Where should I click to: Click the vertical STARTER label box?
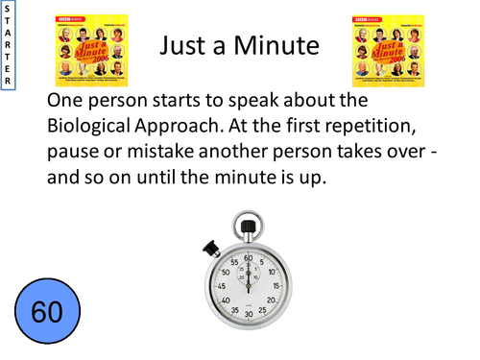coord(8,47)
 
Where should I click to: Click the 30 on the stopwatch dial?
coord(248,314)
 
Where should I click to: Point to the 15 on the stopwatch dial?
coord(276,285)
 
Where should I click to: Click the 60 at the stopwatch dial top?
coord(248,257)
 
